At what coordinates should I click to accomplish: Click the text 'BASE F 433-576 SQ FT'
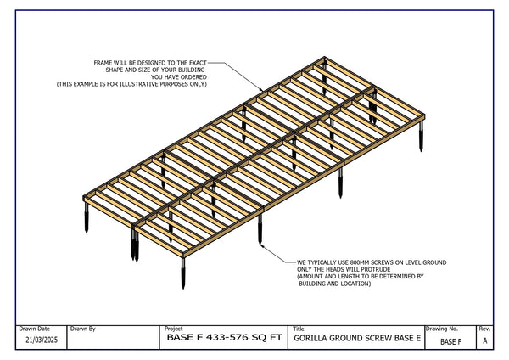coord(224,340)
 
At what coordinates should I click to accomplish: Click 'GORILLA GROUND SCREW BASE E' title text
coord(357,340)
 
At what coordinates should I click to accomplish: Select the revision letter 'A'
coord(484,341)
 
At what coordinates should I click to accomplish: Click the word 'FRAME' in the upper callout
coord(105,63)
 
